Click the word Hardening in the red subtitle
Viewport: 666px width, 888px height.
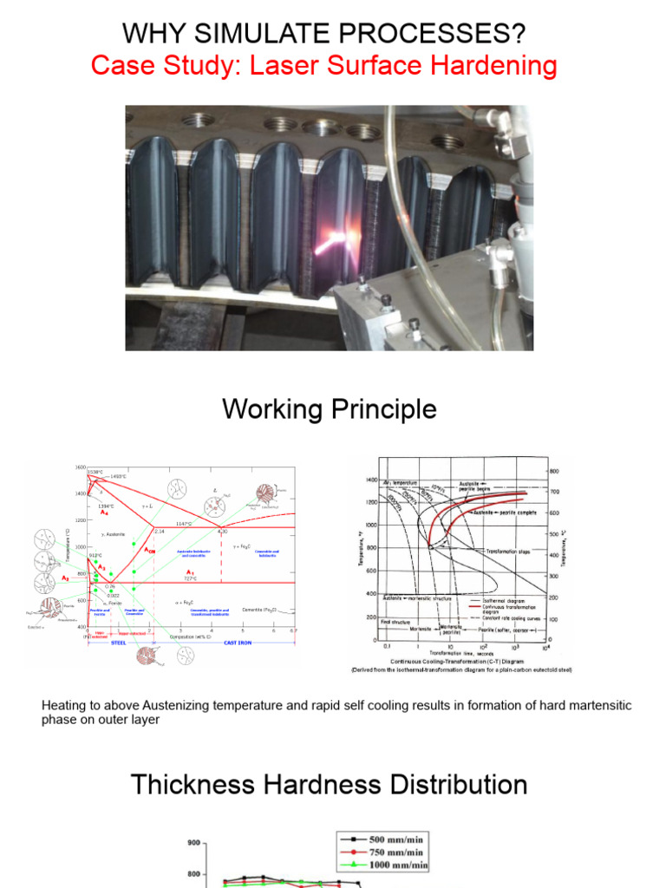pos(486,66)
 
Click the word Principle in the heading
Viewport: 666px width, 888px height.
pos(381,408)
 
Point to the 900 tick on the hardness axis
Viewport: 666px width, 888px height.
pos(193,842)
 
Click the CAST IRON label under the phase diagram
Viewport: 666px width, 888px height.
pos(237,642)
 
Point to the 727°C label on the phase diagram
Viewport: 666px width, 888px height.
pos(190,579)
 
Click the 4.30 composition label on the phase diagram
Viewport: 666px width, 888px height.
pos(222,531)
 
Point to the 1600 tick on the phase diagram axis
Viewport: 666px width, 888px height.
pos(80,467)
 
